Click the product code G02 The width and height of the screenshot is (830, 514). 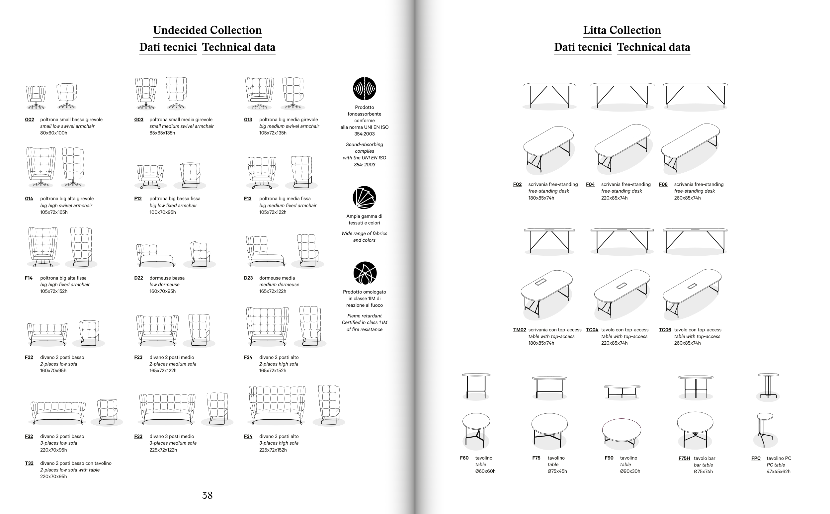pyautogui.click(x=29, y=120)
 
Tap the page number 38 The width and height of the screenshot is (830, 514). pyautogui.click(x=207, y=495)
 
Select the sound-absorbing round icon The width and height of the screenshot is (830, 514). pyautogui.click(x=364, y=89)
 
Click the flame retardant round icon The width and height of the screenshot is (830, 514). pyautogui.click(x=365, y=273)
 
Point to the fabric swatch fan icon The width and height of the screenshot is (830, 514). pyautogui.click(x=364, y=198)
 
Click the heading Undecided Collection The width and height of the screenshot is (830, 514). pyautogui.click(x=207, y=30)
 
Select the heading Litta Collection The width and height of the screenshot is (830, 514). pyautogui.click(x=622, y=30)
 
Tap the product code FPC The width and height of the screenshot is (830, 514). pyautogui.click(x=756, y=458)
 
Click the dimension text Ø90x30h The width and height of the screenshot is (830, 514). pyautogui.click(x=630, y=471)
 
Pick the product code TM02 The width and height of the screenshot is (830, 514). pyautogui.click(x=519, y=330)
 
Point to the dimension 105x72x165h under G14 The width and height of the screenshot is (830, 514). pyautogui.click(x=54, y=212)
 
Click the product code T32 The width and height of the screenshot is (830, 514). pyautogui.click(x=29, y=463)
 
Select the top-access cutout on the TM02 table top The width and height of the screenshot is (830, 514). pyautogui.click(x=540, y=282)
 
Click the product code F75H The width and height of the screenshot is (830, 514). pyautogui.click(x=684, y=458)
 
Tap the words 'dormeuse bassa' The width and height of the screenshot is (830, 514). pyautogui.click(x=167, y=278)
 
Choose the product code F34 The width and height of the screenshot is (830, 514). pyautogui.click(x=248, y=436)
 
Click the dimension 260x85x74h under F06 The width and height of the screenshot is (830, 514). pyautogui.click(x=687, y=198)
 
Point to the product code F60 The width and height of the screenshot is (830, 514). pyautogui.click(x=464, y=458)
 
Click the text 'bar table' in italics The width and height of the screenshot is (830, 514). pyautogui.click(x=703, y=465)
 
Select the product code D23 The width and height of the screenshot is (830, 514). pyautogui.click(x=248, y=278)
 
